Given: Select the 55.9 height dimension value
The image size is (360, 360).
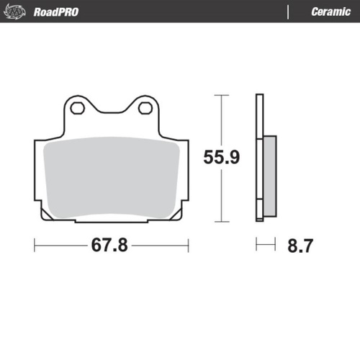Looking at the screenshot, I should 220,157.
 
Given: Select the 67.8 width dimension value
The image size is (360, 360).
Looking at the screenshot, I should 110,246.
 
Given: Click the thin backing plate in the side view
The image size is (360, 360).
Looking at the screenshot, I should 258,158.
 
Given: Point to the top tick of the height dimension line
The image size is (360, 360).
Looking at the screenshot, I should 220,94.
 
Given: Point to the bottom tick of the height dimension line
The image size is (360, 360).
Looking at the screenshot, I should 220,222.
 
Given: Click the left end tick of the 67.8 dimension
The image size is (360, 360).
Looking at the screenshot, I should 35,246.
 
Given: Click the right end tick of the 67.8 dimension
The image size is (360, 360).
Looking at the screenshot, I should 188,246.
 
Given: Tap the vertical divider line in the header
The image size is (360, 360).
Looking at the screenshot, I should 288,12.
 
